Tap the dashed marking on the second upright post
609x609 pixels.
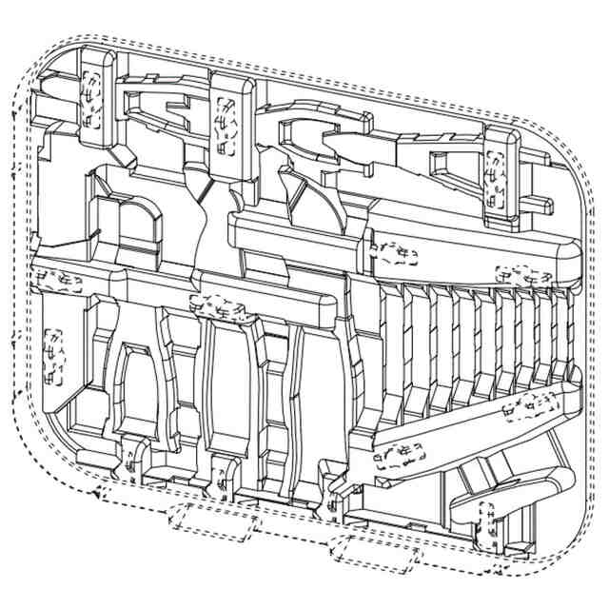[228, 125]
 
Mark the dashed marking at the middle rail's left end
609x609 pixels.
[53, 281]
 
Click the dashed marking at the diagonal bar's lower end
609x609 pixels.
[400, 457]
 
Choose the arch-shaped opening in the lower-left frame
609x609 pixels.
[143, 390]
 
